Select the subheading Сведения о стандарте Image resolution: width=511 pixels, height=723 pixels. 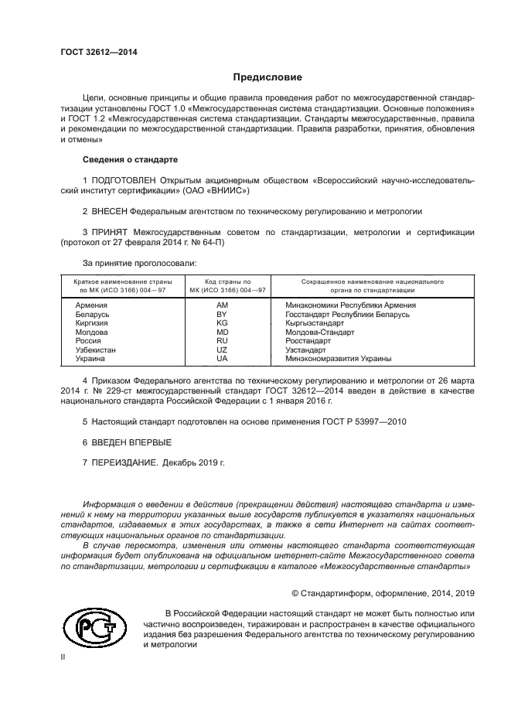coord(130,159)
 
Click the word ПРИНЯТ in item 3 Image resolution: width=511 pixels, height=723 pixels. coord(109,231)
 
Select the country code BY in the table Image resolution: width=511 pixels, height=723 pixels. coord(222,315)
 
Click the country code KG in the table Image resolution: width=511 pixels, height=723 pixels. coord(222,324)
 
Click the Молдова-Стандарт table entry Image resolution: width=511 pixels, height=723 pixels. coord(319,333)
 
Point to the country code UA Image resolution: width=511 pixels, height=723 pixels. coord(222,359)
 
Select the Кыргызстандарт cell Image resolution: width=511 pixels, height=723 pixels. coord(315,324)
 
